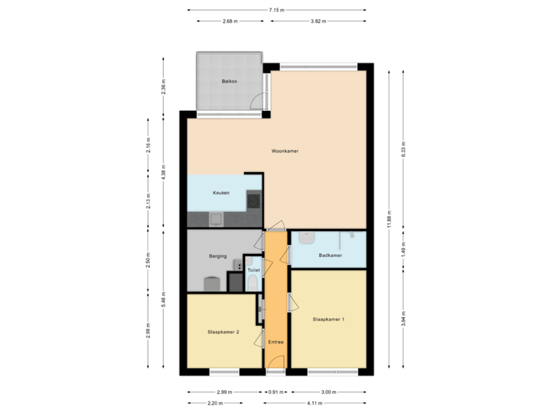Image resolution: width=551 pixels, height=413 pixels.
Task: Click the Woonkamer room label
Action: (285, 151)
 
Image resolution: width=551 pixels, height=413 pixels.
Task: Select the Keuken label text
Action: (221, 193)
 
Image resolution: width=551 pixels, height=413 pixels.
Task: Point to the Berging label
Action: (217, 256)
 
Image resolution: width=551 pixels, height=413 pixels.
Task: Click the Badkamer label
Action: (330, 255)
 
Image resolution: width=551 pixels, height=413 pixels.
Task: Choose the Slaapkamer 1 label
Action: (328, 318)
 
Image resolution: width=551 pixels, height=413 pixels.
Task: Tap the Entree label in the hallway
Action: (275, 342)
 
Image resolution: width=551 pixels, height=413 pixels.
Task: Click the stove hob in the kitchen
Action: (253, 201)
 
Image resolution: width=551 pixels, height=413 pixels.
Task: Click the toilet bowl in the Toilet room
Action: (253, 284)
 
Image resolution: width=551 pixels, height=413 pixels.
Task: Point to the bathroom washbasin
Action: (306, 239)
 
